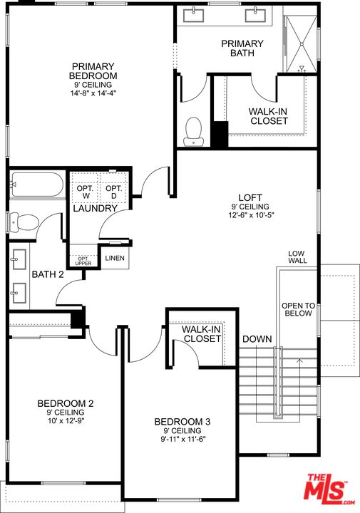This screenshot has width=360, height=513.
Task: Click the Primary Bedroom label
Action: point(93,71)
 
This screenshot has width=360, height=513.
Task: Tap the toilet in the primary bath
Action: point(193,132)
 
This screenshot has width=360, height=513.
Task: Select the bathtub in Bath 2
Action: point(36,185)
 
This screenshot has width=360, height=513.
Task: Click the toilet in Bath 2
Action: point(24,222)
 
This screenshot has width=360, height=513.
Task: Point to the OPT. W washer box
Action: point(85,192)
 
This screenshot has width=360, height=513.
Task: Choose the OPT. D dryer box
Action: point(113,192)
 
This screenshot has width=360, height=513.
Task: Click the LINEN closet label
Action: point(115,258)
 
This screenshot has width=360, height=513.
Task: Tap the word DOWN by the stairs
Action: point(257,339)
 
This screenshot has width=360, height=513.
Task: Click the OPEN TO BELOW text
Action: point(299,309)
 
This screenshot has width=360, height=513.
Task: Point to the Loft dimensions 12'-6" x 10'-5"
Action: point(251,215)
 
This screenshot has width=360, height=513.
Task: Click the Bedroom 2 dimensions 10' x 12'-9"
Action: point(66,421)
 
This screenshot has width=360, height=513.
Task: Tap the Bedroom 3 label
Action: point(182,421)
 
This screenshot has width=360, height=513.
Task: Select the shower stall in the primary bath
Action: point(301,44)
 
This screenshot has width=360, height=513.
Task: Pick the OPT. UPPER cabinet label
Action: point(83,261)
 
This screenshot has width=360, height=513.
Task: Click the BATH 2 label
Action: point(48,274)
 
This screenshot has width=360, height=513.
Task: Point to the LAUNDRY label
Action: point(95,208)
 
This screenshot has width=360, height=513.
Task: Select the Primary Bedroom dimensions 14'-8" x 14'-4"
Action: point(93,93)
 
